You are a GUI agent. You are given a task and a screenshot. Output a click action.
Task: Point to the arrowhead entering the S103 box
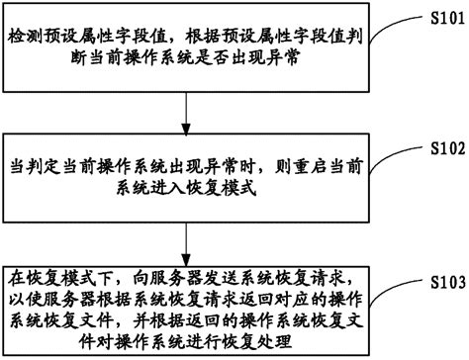click(x=187, y=256)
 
